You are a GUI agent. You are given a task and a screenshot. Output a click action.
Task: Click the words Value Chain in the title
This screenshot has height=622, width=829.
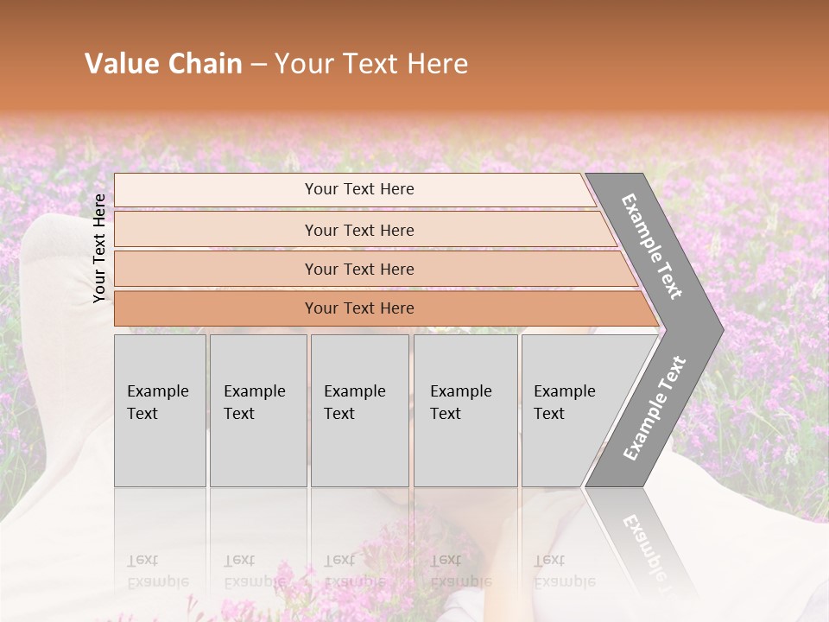point(163,64)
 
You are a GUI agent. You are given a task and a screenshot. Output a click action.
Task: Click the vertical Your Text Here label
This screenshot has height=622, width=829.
point(100,248)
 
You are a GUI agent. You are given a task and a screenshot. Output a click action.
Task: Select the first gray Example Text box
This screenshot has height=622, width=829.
point(160,410)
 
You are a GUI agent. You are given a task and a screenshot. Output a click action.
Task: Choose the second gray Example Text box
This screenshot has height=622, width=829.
point(257,410)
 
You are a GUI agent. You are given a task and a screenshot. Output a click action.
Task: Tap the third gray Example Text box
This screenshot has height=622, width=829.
point(359,410)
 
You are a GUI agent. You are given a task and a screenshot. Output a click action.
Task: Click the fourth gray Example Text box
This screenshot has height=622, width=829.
point(465,410)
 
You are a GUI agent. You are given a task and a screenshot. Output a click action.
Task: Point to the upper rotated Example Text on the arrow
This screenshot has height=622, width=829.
point(653,246)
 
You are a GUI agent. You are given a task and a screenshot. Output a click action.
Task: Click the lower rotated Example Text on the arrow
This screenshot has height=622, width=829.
point(655,408)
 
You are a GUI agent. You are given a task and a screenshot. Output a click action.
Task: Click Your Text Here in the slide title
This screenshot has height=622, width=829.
point(371,64)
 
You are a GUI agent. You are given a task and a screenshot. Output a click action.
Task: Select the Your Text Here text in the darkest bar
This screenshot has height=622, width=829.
point(359,308)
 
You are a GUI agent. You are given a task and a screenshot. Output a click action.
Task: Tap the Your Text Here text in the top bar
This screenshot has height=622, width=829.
point(359,189)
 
